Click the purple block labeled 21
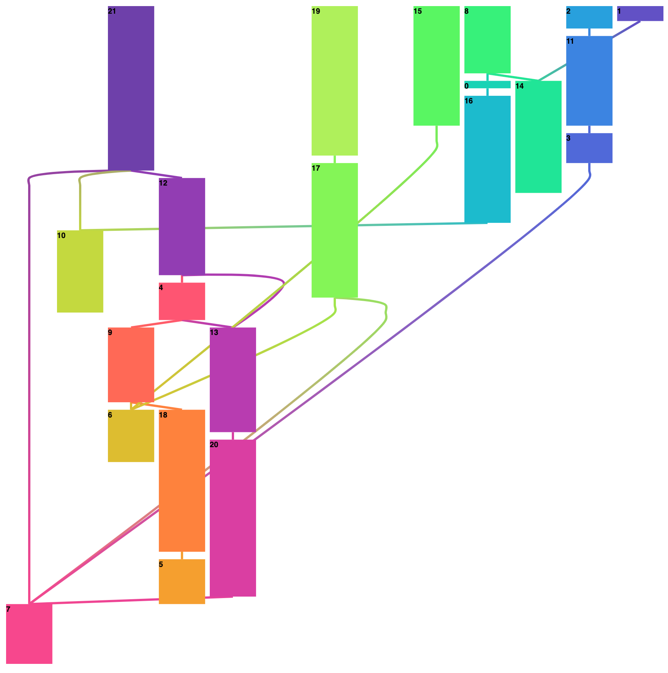[x=131, y=88]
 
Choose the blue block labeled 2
[x=589, y=17]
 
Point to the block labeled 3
[x=589, y=148]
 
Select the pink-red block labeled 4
[x=182, y=301]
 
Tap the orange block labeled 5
[x=182, y=581]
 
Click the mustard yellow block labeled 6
[x=131, y=436]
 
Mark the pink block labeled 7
[x=29, y=633]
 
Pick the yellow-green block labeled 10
[x=80, y=271]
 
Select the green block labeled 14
[x=538, y=137]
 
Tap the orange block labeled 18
[x=182, y=480]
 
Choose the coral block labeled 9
[x=131, y=364]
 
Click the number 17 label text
[x=316, y=168]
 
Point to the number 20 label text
[x=214, y=444]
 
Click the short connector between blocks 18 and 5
[x=182, y=555]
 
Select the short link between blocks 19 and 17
[x=334, y=159]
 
